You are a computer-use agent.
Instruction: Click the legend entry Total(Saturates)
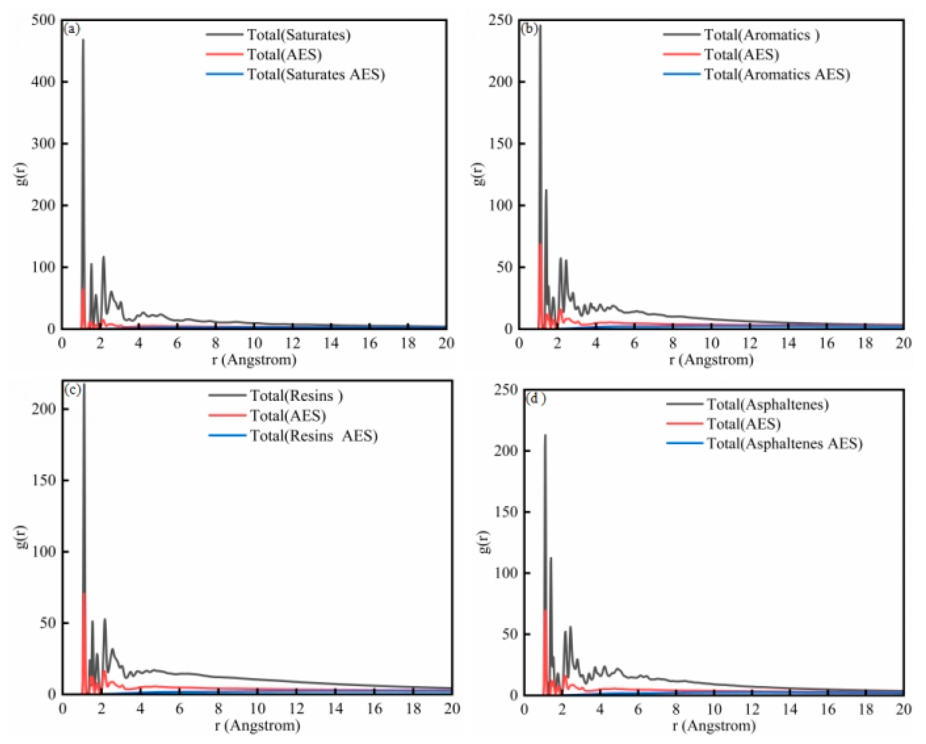(299, 34)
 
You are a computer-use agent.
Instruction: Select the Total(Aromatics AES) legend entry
(776, 74)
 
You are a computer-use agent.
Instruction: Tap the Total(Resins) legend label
(296, 395)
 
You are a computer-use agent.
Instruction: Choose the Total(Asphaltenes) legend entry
(767, 404)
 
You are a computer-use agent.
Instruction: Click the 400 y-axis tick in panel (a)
(43, 82)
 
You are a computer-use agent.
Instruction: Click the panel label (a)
(72, 29)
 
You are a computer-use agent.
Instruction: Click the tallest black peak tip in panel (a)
(83, 40)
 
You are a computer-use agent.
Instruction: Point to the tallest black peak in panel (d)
(545, 435)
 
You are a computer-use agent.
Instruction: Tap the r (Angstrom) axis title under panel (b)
(711, 360)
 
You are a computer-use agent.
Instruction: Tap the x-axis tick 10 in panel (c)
(257, 709)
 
